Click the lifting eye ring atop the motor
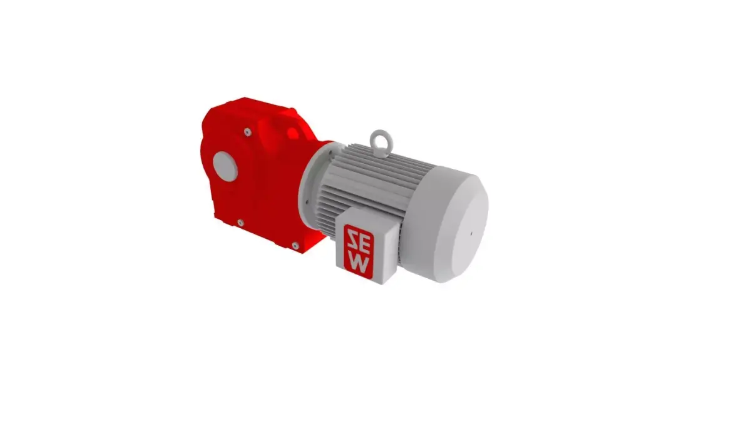pos(379,138)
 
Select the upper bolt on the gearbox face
pos(248,131)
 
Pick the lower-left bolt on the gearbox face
pos(240,221)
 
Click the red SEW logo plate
pos(359,249)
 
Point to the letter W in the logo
pos(359,262)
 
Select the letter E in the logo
pos(359,248)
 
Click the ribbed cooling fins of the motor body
pos(375,181)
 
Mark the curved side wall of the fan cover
pos(426,238)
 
